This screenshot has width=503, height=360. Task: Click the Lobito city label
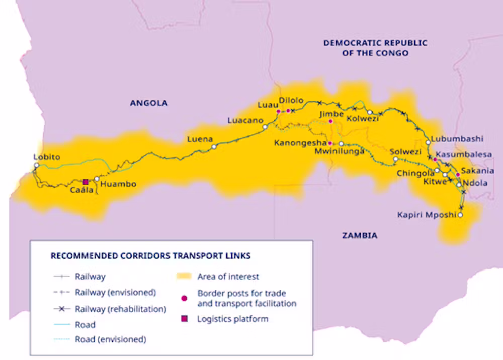(47, 157)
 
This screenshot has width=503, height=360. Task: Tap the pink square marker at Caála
(86, 182)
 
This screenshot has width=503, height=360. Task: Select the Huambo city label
(118, 184)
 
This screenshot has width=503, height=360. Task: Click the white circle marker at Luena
(214, 147)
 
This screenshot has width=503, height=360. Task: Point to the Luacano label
(245, 121)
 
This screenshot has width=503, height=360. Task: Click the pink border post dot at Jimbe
(330, 121)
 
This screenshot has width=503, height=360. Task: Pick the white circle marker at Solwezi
(396, 159)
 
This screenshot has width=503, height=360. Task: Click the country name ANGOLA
(149, 103)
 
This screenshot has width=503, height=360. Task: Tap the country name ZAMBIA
(360, 235)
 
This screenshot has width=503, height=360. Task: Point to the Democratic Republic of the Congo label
(375, 48)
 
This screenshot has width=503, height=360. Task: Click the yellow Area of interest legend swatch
(184, 276)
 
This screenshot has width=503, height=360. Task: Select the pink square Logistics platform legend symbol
(184, 318)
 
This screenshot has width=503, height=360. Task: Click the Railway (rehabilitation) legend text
(120, 309)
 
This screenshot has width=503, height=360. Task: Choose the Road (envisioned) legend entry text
(111, 339)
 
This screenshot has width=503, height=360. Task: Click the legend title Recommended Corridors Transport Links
(150, 256)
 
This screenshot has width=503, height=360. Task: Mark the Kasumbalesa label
(464, 154)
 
